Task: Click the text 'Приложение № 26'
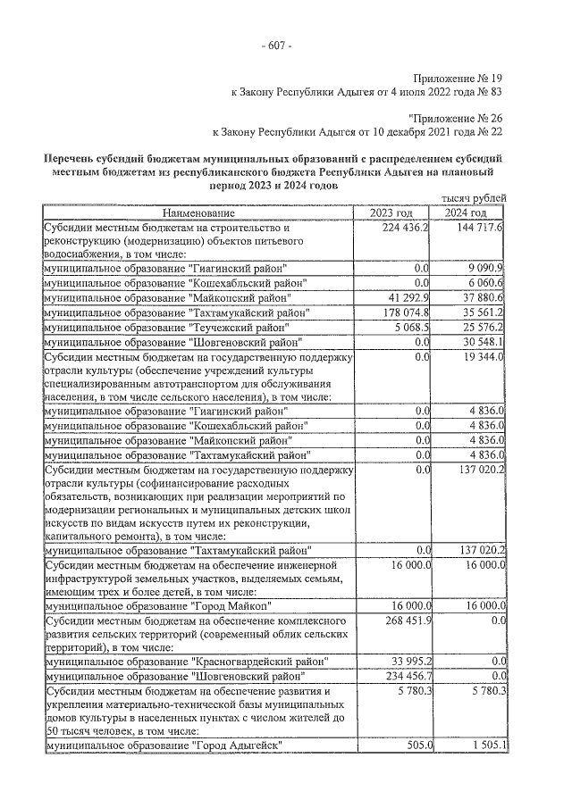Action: click(457, 116)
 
